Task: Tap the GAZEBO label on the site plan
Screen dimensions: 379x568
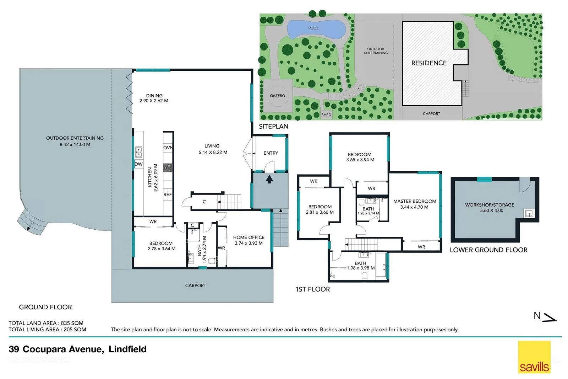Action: [277, 96]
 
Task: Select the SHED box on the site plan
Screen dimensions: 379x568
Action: [326, 114]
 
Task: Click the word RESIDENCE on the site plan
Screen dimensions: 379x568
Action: [429, 63]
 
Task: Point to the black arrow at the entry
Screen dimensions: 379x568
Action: [269, 179]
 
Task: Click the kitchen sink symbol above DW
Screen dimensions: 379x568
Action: [138, 153]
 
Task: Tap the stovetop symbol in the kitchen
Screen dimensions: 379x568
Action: [168, 168]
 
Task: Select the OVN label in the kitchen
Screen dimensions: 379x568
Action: [168, 148]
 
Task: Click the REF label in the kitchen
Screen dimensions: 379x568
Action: [168, 194]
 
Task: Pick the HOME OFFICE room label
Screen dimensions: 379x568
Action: [248, 237]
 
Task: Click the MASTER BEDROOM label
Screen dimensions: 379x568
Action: [415, 201]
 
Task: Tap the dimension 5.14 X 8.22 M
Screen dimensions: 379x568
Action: [213, 152]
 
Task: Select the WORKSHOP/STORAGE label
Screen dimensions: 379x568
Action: [490, 205]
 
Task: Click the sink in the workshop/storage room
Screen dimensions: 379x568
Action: [529, 213]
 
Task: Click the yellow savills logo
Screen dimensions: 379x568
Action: [534, 357]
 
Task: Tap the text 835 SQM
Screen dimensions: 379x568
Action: [72, 323]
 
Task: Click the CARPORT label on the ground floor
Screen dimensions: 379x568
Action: [195, 285]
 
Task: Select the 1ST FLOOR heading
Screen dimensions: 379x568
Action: [312, 289]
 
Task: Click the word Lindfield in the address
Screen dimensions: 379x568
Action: [127, 349]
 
